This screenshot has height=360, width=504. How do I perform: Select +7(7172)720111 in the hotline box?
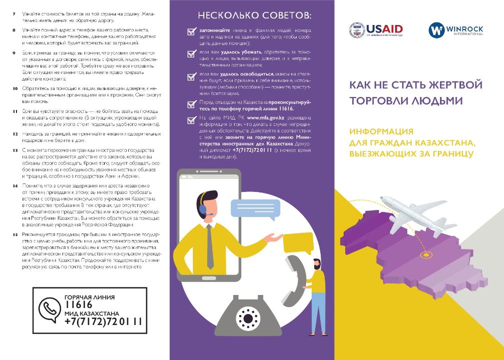(103, 321)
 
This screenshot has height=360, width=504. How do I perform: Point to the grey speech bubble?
(252, 209)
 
